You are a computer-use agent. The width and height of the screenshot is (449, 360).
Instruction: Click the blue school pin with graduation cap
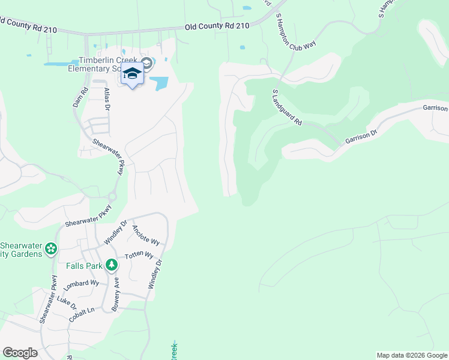click(132, 74)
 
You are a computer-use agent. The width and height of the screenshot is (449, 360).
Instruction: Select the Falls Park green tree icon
click(111, 265)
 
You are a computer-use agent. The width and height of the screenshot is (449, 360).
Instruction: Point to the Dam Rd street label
click(77, 97)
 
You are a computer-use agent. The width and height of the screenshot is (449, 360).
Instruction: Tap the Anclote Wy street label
click(146, 235)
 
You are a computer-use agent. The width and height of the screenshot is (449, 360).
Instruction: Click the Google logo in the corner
click(20, 353)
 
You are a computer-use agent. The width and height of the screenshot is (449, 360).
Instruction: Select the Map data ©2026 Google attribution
click(411, 355)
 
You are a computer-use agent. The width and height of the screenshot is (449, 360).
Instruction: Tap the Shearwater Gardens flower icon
click(52, 248)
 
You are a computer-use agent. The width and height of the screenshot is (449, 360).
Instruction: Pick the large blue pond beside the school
click(158, 83)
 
